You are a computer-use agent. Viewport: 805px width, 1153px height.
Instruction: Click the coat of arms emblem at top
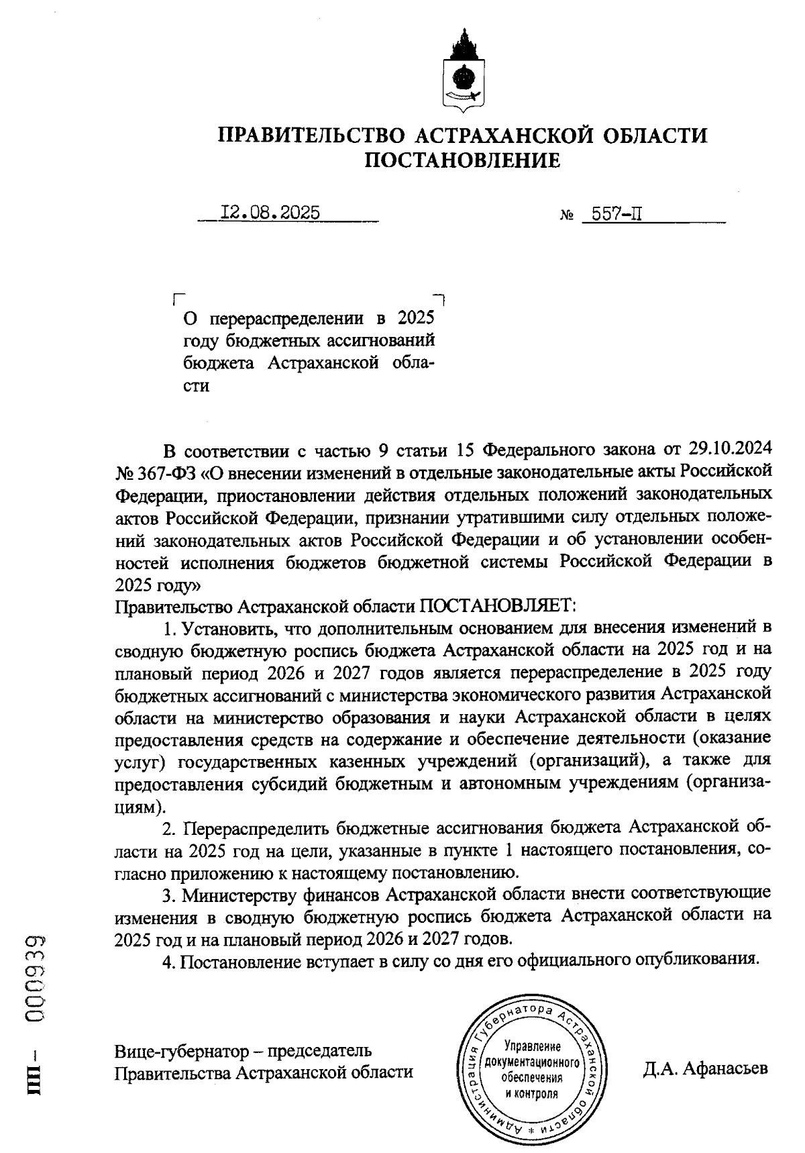462,70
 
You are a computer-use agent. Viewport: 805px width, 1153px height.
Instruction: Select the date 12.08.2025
270,213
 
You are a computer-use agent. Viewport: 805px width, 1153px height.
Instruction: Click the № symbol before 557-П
566,216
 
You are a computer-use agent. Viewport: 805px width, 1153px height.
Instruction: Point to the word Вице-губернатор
177,1050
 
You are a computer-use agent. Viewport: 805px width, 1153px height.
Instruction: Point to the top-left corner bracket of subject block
177,297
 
